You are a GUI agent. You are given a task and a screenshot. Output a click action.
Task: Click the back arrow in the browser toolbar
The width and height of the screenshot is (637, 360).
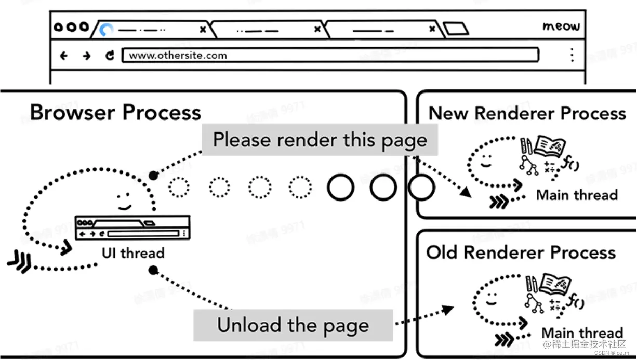[x=63, y=56]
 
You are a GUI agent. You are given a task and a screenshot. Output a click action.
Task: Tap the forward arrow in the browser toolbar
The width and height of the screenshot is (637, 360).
[x=86, y=56]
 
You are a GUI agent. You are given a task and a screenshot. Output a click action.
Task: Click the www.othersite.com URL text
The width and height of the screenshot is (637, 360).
[x=178, y=55]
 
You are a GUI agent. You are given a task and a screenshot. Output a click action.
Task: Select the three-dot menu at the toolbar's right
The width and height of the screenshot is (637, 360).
[x=572, y=55]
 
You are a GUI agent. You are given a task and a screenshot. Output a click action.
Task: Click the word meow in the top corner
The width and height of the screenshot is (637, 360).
[x=561, y=26]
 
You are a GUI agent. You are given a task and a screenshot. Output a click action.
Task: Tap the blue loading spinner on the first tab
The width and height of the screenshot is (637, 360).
[x=106, y=30]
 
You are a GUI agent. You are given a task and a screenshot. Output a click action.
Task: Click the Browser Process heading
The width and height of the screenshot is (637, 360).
[x=115, y=112]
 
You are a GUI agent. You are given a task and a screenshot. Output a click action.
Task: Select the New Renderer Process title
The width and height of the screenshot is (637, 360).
[x=527, y=113]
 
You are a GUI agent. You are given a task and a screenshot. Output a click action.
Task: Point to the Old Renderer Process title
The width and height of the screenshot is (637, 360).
[x=521, y=252]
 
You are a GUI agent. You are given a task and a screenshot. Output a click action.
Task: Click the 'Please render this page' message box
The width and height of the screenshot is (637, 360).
[x=320, y=140]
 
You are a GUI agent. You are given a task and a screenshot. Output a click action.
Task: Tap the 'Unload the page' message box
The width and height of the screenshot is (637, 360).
[x=293, y=325]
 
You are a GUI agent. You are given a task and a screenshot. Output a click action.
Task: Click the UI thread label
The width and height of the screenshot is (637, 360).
[x=133, y=253]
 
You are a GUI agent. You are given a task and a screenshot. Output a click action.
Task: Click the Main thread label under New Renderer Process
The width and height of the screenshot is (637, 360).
[x=577, y=195]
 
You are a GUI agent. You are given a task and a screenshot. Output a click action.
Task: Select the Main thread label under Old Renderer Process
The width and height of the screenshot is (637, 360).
[x=582, y=332]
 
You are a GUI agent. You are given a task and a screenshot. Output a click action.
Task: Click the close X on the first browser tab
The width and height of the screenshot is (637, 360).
[x=203, y=30]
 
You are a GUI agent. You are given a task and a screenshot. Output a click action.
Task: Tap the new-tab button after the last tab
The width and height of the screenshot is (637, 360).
[x=457, y=29]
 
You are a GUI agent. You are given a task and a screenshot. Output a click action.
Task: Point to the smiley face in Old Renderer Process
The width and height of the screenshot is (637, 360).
[x=490, y=298]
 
